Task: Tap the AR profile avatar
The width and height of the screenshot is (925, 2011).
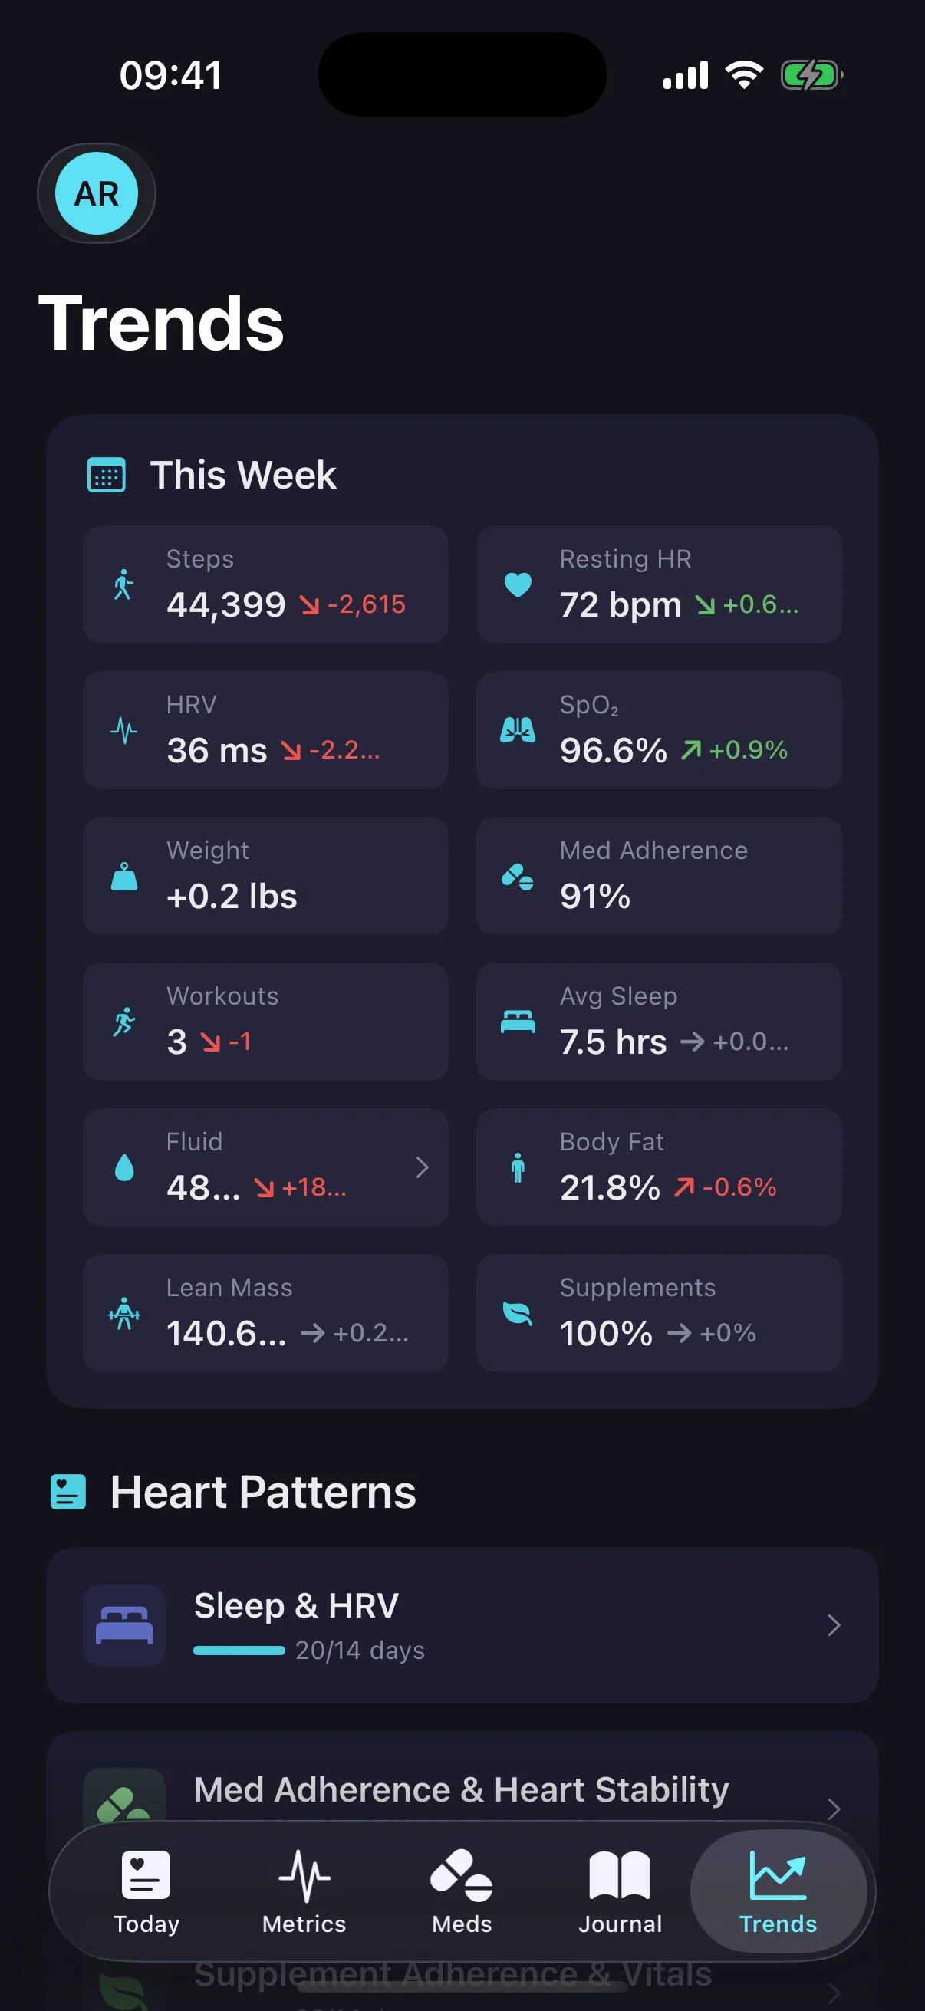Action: coord(96,193)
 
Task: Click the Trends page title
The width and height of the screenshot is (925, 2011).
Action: coord(161,323)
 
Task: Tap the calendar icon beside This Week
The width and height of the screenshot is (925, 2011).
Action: coord(106,476)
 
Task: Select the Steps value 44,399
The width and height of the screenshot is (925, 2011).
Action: coord(226,604)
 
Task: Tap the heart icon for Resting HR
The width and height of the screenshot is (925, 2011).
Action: coord(518,584)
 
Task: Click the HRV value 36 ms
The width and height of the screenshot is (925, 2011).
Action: coord(217,750)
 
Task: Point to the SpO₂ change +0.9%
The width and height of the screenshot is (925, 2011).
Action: coord(748,750)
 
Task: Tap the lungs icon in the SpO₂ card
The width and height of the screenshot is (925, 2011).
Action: coord(518,730)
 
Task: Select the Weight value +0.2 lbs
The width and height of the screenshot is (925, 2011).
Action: coord(232,896)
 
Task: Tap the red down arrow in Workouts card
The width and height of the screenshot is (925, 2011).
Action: coord(210,1042)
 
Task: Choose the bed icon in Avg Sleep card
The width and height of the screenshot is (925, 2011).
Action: coord(518,1021)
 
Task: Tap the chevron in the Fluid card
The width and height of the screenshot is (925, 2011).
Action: coord(423,1167)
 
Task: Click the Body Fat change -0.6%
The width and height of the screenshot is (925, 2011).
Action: coord(739,1187)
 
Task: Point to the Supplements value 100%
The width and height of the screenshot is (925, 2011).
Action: coord(606,1333)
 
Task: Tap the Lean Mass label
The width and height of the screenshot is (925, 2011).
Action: coord(229,1287)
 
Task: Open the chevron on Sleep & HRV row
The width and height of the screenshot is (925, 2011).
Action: coord(834,1624)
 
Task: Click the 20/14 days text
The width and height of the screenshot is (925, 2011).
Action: coord(360,1651)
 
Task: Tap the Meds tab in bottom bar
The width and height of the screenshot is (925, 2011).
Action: coord(462,1891)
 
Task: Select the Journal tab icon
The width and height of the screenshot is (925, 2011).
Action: coord(620,1875)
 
